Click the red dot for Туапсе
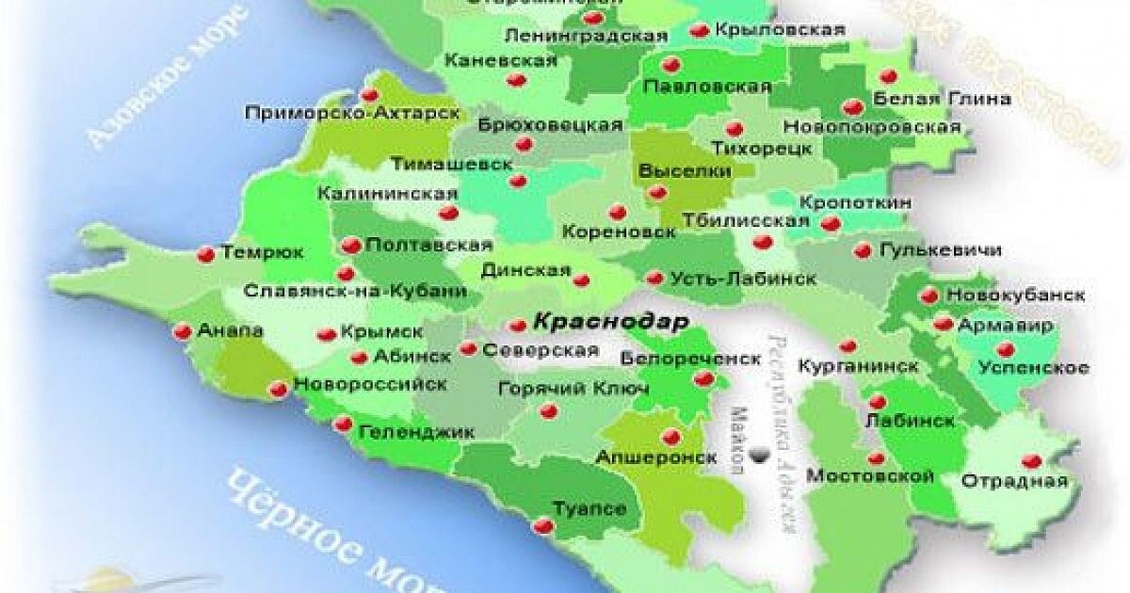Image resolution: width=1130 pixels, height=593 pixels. (543, 525)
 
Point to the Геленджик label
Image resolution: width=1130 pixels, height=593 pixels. (416, 432)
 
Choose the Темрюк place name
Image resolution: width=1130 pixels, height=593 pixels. (262, 252)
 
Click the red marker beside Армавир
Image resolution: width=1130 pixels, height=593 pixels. (943, 324)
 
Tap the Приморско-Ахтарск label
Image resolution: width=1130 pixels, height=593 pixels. (351, 113)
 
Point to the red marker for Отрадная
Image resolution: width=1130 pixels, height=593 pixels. (1031, 460)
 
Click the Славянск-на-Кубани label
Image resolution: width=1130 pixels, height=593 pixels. (355, 291)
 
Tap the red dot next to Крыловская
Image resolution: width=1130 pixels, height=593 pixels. (699, 30)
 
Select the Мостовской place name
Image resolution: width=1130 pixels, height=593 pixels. (871, 476)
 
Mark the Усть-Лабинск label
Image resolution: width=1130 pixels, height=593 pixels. (743, 279)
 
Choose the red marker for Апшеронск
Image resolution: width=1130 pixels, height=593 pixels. (670, 436)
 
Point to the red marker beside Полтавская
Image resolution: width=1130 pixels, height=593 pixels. (350, 246)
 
